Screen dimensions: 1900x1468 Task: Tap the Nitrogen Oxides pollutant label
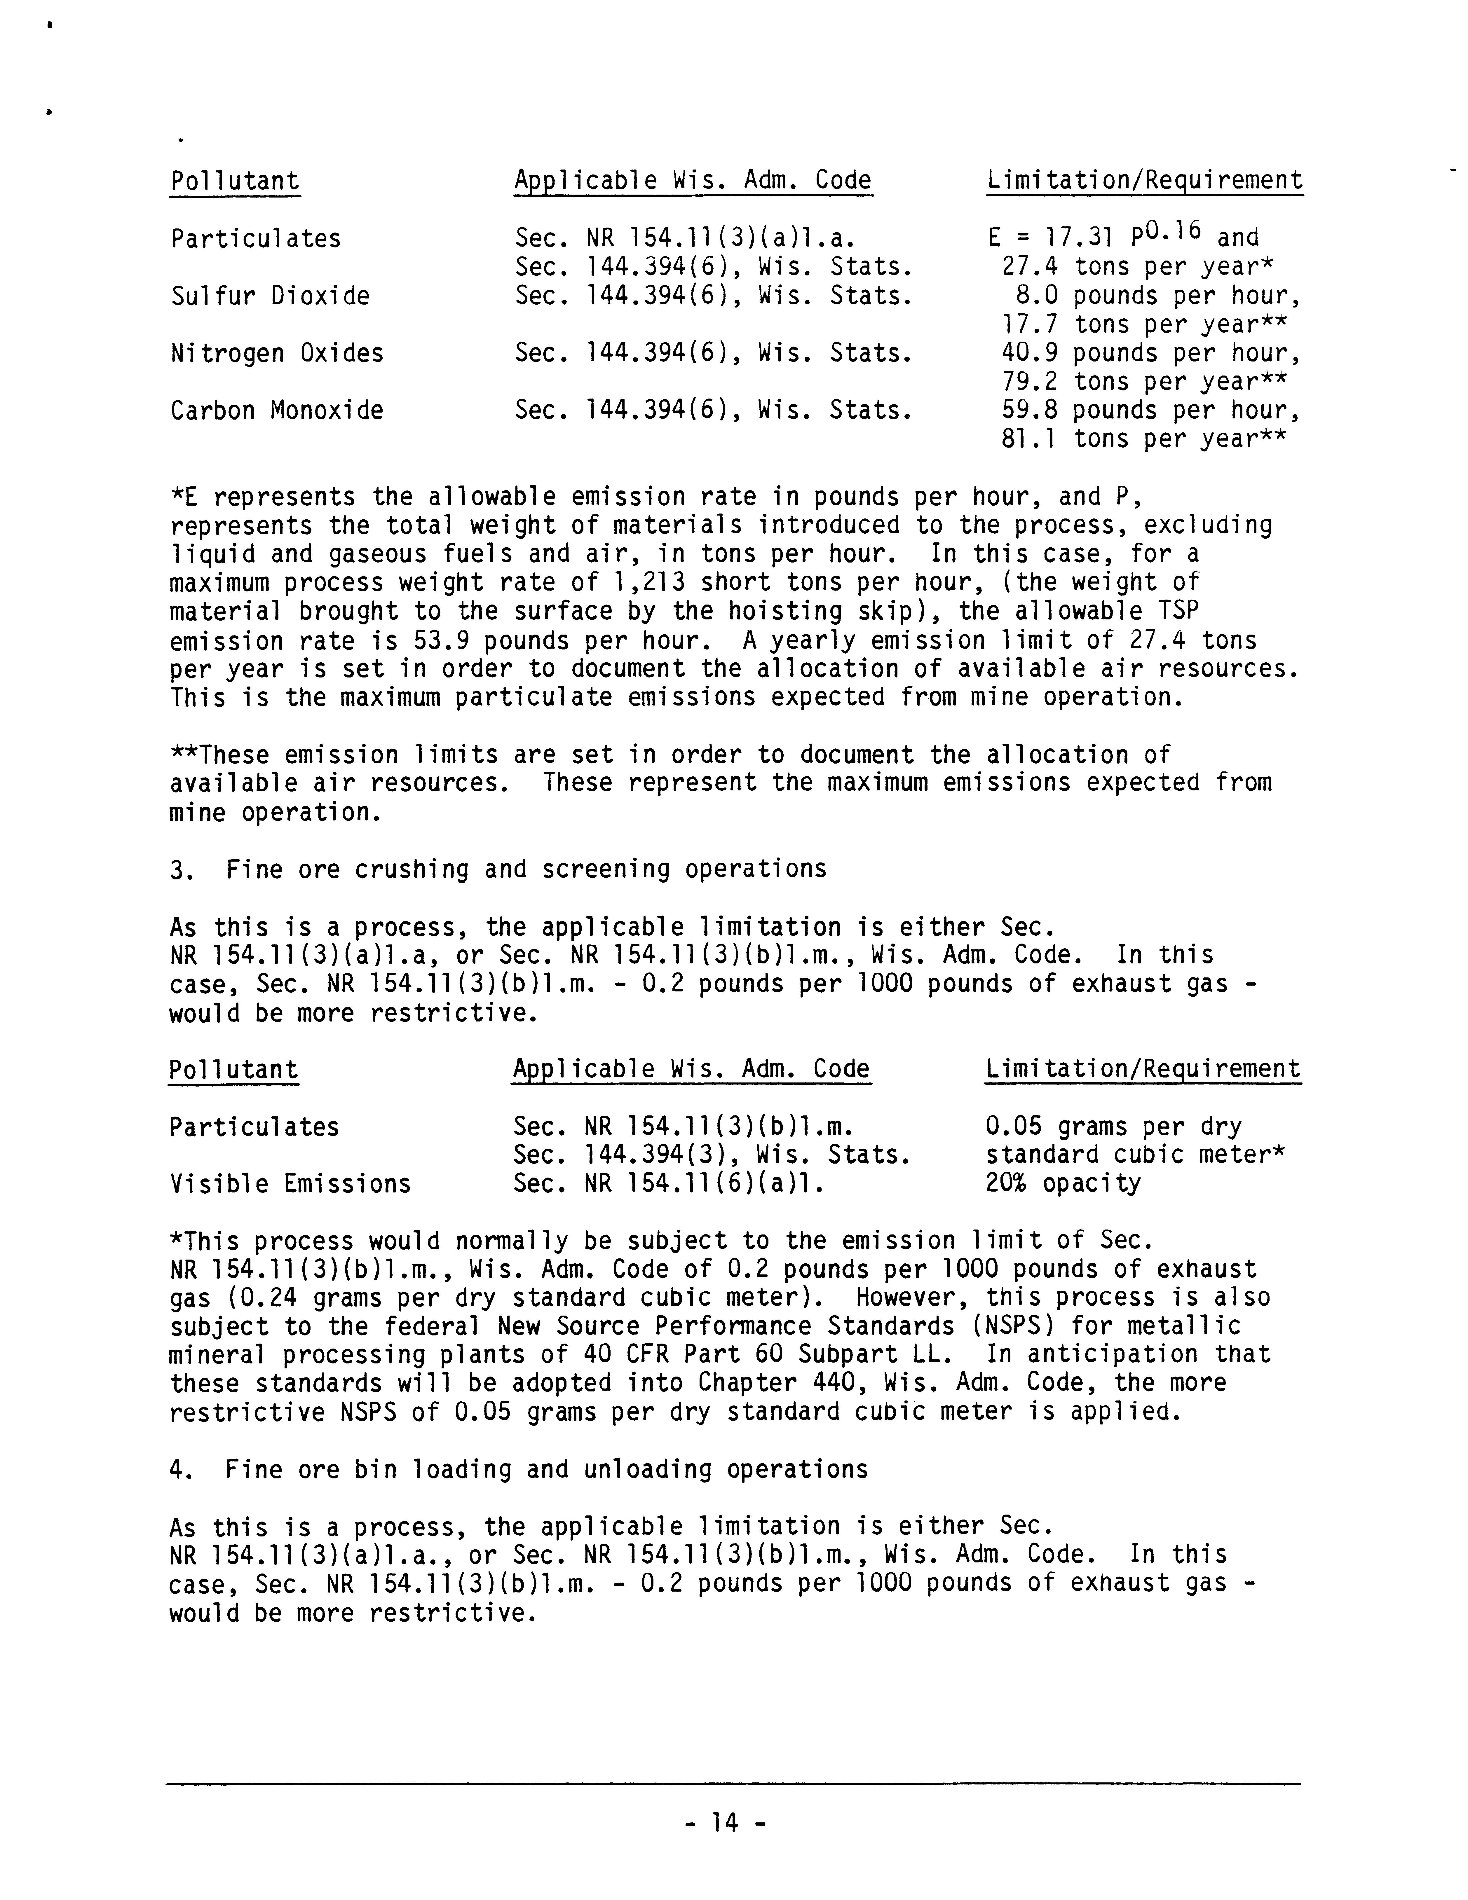click(277, 353)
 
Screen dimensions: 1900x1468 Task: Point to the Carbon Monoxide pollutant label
click(277, 411)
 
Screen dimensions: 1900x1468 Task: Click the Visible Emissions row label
click(290, 1184)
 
